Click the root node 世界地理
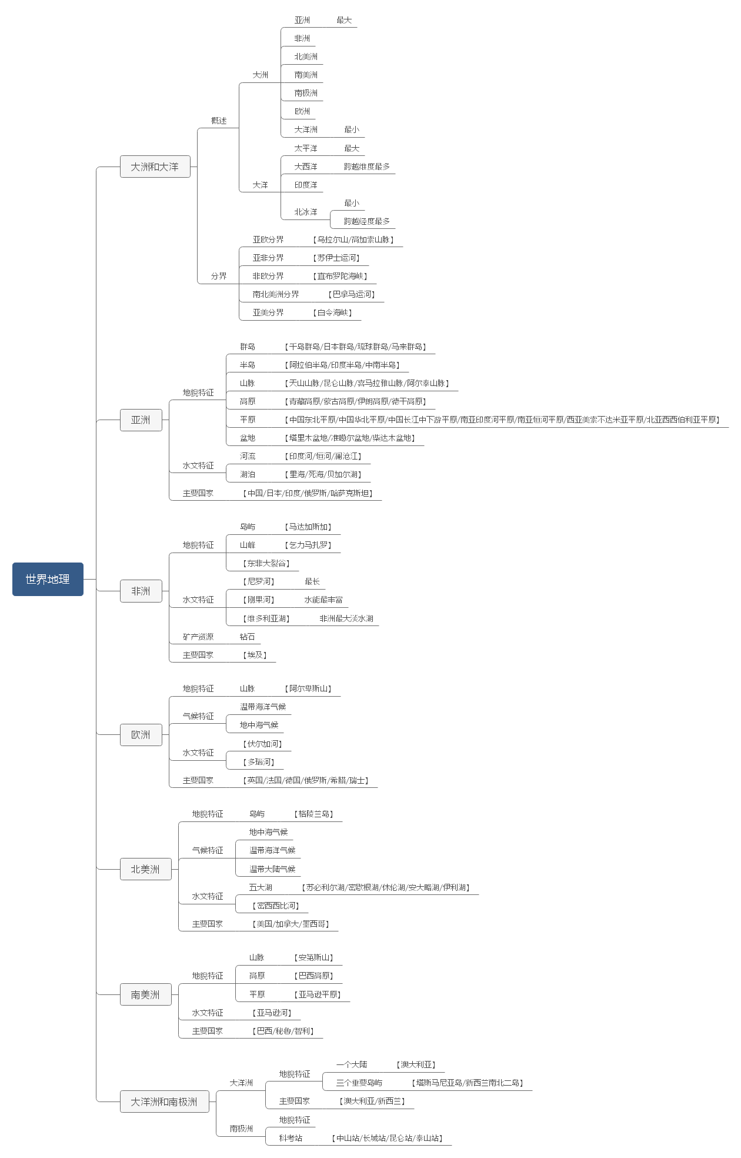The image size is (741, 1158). pos(48,579)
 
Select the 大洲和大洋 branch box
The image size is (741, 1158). pos(155,167)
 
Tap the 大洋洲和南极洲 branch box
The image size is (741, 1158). pos(164,1102)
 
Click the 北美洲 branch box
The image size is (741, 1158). pos(145,869)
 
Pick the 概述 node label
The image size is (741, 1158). pos(219,121)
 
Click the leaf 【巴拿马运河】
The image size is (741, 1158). pos(352,294)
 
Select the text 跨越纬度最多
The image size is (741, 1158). pos(367,167)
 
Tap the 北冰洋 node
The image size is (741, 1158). pos(306,212)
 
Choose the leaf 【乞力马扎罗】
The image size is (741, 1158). pos(308,545)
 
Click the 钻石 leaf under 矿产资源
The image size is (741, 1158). pos(248,637)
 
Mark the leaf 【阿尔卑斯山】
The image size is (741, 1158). pos(308,688)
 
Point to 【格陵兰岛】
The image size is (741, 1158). pos(314,814)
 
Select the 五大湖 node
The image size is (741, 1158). pos(261,887)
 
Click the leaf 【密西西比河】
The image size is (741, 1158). pos(276,906)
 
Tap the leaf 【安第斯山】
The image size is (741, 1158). pos(314,957)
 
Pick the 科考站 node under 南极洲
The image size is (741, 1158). pos(291,1138)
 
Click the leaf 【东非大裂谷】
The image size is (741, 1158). pos(266,563)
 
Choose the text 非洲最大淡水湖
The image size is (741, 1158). pos(346,618)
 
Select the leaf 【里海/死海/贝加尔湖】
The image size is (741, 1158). pos(323,474)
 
